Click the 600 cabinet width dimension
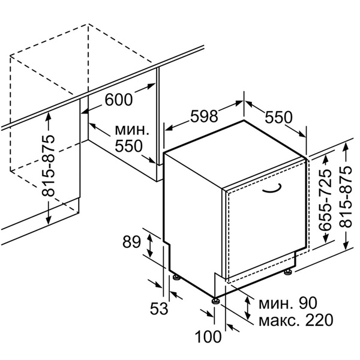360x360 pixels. click(119, 100)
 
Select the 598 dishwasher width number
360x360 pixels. click(204, 116)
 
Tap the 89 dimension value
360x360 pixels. click(131, 242)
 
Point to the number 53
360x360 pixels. click(159, 308)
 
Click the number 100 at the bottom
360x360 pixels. click(208, 337)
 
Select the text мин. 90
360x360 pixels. click(288, 303)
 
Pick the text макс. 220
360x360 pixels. click(296, 320)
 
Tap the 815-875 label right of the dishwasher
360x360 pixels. click(346, 197)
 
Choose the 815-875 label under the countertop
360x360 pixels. click(49, 166)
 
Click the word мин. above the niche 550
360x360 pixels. click(132, 130)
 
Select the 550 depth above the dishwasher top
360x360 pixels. click(278, 118)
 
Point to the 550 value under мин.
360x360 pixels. click(128, 146)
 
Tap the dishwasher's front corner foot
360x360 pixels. click(215, 301)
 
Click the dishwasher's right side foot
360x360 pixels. click(287, 272)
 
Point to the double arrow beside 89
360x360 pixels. click(150, 245)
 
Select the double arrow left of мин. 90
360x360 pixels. click(247, 308)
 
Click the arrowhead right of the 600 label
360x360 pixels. click(152, 86)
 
